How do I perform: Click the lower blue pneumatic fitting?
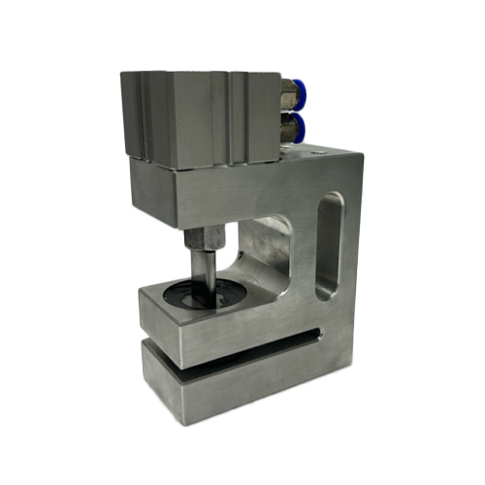[x=295, y=127]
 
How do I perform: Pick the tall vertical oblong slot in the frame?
[x=330, y=242]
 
